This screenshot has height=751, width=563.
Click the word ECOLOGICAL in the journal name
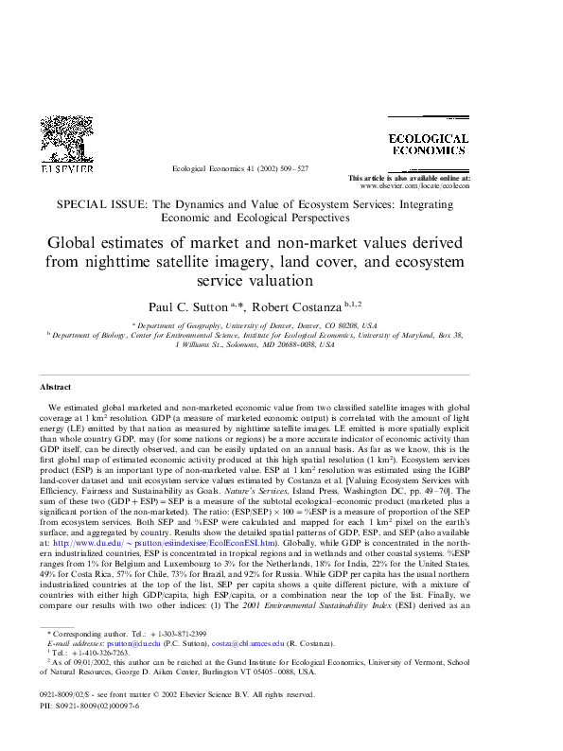tap(428, 138)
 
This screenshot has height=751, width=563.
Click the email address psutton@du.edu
tap(126, 639)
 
